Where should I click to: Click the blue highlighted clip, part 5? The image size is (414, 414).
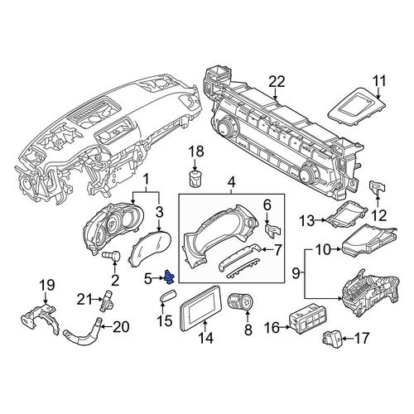tap(169, 277)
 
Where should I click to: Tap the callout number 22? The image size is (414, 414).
tap(277, 82)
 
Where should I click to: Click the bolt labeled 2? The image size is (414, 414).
tap(112, 256)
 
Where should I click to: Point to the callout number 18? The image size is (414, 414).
tap(196, 152)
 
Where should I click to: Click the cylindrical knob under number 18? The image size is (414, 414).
tap(195, 178)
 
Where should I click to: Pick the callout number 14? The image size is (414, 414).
tap(206, 338)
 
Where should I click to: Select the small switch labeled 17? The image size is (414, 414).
tap(332, 338)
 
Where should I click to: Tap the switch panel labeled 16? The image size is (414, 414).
tap(306, 318)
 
